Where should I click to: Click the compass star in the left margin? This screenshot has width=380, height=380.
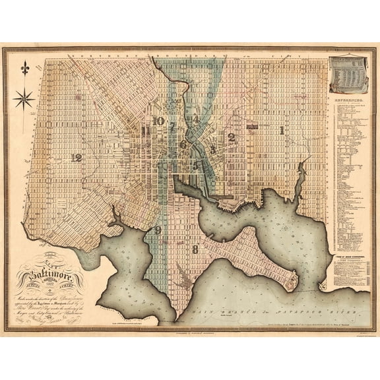(24, 99)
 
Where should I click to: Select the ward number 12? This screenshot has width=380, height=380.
(77, 158)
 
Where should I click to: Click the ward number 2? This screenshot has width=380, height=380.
(231, 137)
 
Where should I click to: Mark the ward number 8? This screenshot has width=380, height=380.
(195, 249)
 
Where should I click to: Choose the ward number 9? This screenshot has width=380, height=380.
(157, 230)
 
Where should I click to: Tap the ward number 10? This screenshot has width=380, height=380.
(157, 121)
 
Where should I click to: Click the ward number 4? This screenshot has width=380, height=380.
(194, 119)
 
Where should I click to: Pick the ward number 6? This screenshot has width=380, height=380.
(183, 144)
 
